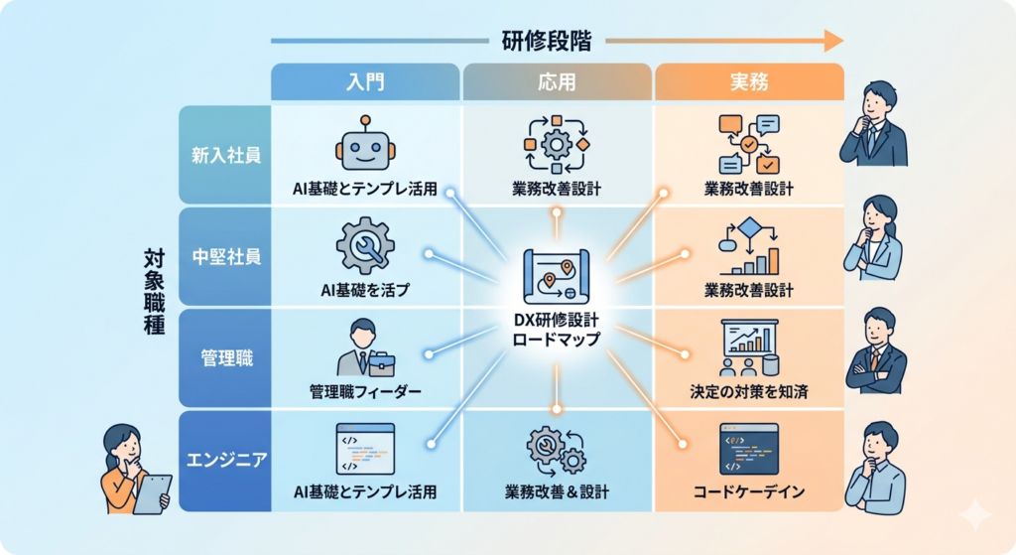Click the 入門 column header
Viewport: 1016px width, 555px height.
tap(365, 81)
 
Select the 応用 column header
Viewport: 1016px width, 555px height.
tap(557, 81)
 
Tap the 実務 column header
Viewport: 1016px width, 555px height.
tap(749, 81)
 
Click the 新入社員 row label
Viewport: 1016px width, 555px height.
tap(225, 155)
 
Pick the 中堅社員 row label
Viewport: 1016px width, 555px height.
tap(225, 257)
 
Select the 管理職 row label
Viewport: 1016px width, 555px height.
tap(225, 357)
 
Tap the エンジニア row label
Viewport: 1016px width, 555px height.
tap(225, 460)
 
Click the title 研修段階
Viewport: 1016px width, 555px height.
tap(547, 41)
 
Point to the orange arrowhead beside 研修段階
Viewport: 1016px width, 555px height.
tap(833, 41)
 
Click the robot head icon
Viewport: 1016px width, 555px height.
tap(365, 145)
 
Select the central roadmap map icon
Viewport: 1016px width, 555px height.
tap(556, 276)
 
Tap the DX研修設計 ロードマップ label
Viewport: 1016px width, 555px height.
tap(556, 330)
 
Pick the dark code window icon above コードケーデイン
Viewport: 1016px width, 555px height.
tap(749, 450)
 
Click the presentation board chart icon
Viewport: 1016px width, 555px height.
tap(749, 347)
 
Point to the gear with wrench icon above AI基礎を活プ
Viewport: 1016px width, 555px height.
tap(365, 246)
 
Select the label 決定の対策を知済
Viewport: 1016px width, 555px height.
tap(749, 391)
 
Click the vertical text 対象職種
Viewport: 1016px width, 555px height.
tap(154, 291)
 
